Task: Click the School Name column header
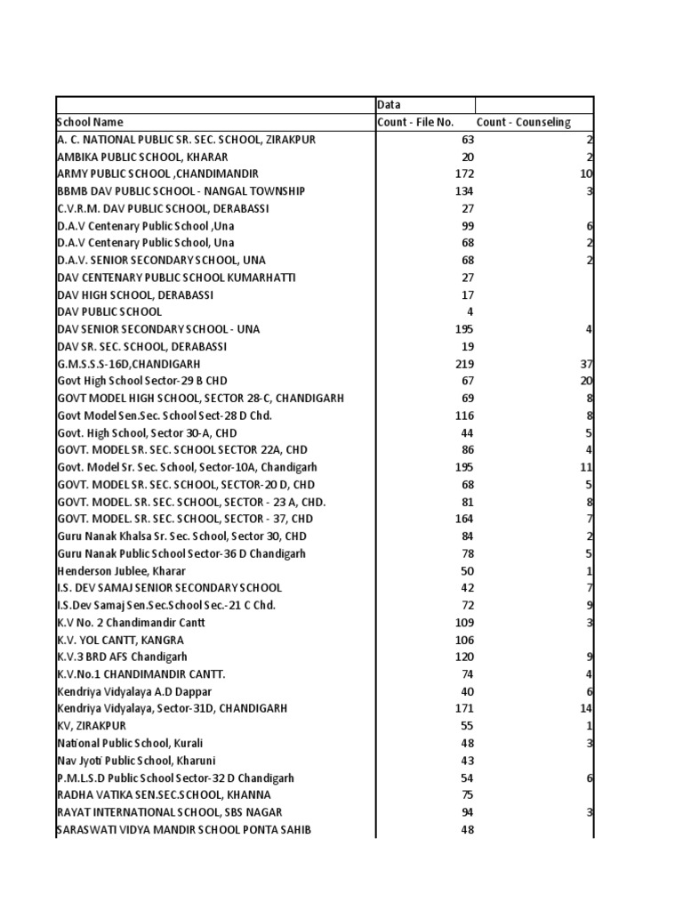(x=90, y=122)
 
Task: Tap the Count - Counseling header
(x=523, y=122)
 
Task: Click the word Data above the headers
(x=390, y=105)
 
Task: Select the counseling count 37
(x=586, y=364)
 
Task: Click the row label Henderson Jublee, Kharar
(x=122, y=570)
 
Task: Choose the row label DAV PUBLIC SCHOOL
(x=109, y=311)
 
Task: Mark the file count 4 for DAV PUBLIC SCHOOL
(x=470, y=311)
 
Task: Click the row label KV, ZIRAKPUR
(x=91, y=726)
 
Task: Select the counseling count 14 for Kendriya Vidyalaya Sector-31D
(x=586, y=708)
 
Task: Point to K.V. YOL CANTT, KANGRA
(x=120, y=640)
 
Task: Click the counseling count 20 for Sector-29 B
(x=586, y=381)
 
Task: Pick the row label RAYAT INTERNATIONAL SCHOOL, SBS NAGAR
(x=170, y=812)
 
